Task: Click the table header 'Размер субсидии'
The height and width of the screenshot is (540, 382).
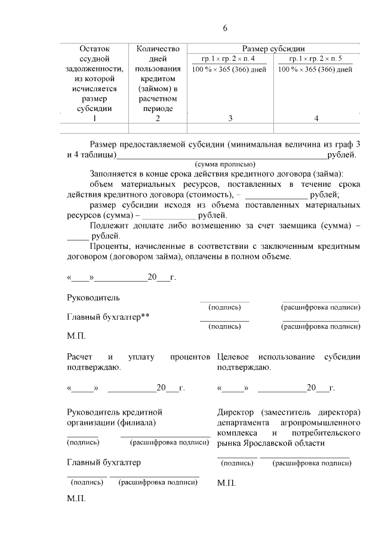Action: pyautogui.click(x=273, y=48)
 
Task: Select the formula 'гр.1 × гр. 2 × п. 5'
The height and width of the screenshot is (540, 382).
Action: pyautogui.click(x=316, y=59)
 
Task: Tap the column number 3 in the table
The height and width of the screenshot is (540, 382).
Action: pyautogui.click(x=230, y=118)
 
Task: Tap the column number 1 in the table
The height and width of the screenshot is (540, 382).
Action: pyautogui.click(x=94, y=118)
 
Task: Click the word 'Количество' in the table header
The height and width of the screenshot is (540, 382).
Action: pyautogui.click(x=158, y=48)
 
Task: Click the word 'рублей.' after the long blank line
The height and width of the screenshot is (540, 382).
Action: pyautogui.click(x=341, y=155)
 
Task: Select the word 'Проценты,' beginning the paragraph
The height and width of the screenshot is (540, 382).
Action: pyautogui.click(x=110, y=246)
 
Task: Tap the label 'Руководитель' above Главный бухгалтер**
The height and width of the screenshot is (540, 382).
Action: pyautogui.click(x=93, y=297)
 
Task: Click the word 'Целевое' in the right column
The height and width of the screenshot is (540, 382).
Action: pyautogui.click(x=235, y=357)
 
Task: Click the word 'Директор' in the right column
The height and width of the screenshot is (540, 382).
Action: pyautogui.click(x=236, y=412)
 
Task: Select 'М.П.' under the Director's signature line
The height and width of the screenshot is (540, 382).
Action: pyautogui.click(x=227, y=483)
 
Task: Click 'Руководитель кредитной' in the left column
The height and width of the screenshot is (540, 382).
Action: pyautogui.click(x=115, y=412)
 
